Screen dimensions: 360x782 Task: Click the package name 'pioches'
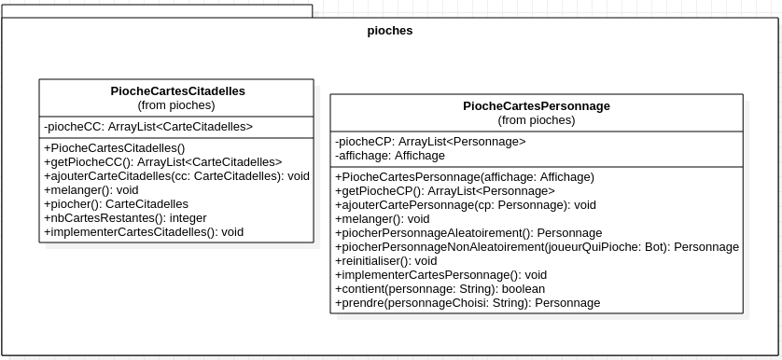(390, 31)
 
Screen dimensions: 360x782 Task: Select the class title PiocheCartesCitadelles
(177, 91)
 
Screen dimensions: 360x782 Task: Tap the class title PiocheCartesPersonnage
(536, 106)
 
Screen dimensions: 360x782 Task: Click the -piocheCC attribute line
(148, 127)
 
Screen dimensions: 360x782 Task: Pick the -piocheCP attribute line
(430, 142)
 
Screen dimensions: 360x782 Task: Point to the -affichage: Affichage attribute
(390, 156)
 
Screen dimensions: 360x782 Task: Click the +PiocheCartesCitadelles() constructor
(115, 147)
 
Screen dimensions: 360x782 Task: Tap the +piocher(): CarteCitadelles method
(116, 203)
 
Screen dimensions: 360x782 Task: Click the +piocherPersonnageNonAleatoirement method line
(537, 246)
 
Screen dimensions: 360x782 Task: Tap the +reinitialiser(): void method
(385, 261)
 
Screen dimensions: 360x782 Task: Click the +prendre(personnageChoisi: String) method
(467, 303)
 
